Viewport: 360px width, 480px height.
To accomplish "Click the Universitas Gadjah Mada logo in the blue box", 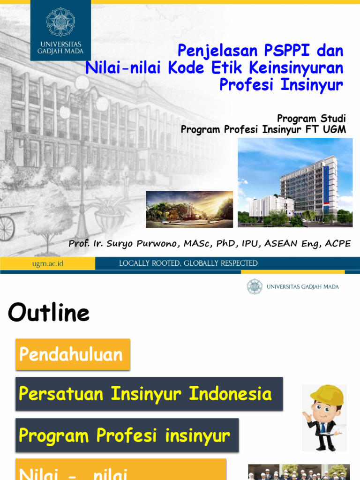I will click(x=60, y=22).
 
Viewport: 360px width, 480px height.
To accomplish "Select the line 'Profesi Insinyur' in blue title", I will click(x=281, y=85).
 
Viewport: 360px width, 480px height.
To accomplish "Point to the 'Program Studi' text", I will click(x=311, y=118).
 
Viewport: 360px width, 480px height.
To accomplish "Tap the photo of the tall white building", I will click(x=295, y=182).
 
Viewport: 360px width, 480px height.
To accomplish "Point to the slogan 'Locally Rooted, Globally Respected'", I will click(x=188, y=263).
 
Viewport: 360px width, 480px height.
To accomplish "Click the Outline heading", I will click(x=49, y=313).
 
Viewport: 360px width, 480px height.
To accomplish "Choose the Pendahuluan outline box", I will click(x=73, y=354).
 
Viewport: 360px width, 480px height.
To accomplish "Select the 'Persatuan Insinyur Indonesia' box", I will click(x=149, y=394).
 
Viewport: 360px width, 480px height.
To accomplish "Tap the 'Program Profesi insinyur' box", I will click(x=127, y=435).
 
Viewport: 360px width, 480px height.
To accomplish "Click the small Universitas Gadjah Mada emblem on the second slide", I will click(x=255, y=286).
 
